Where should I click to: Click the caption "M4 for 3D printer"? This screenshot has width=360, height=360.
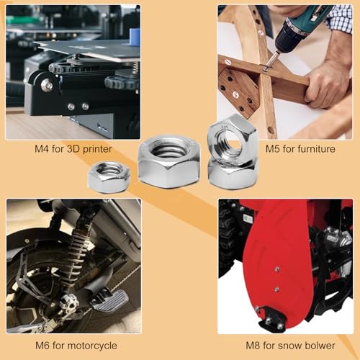pos(73,150)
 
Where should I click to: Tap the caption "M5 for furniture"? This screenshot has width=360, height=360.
pos(300,150)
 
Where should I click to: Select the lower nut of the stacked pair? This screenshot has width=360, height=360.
pos(232,173)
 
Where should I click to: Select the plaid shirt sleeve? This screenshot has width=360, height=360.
pos(340,18)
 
